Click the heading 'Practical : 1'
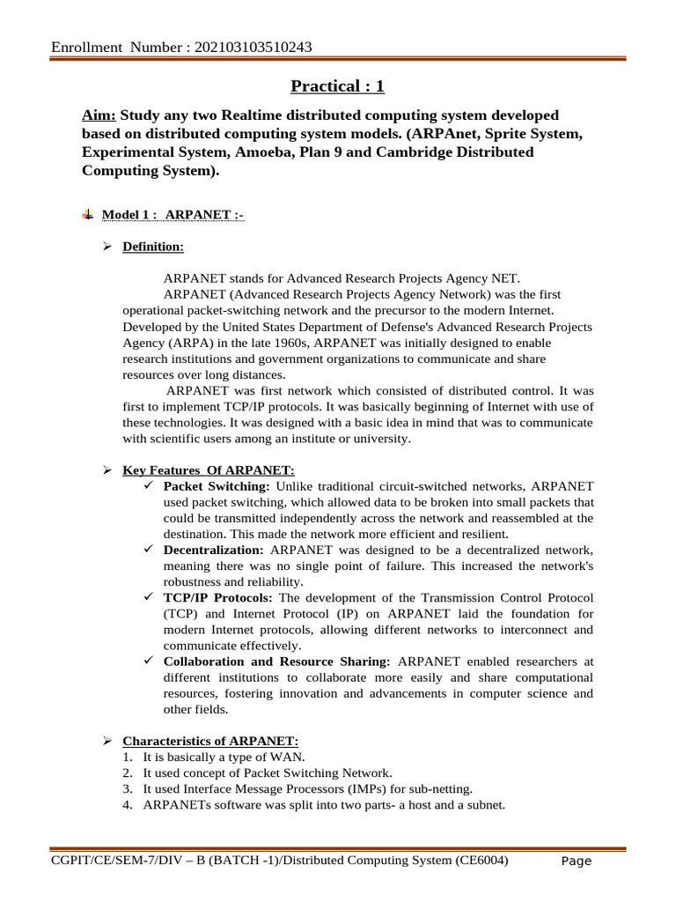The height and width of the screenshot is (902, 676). (338, 86)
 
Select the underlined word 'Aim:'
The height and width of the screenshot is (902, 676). (99, 116)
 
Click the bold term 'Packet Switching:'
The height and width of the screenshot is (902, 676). (217, 486)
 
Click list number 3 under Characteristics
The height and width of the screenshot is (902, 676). (128, 788)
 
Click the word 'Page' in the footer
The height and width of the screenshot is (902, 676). (577, 861)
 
